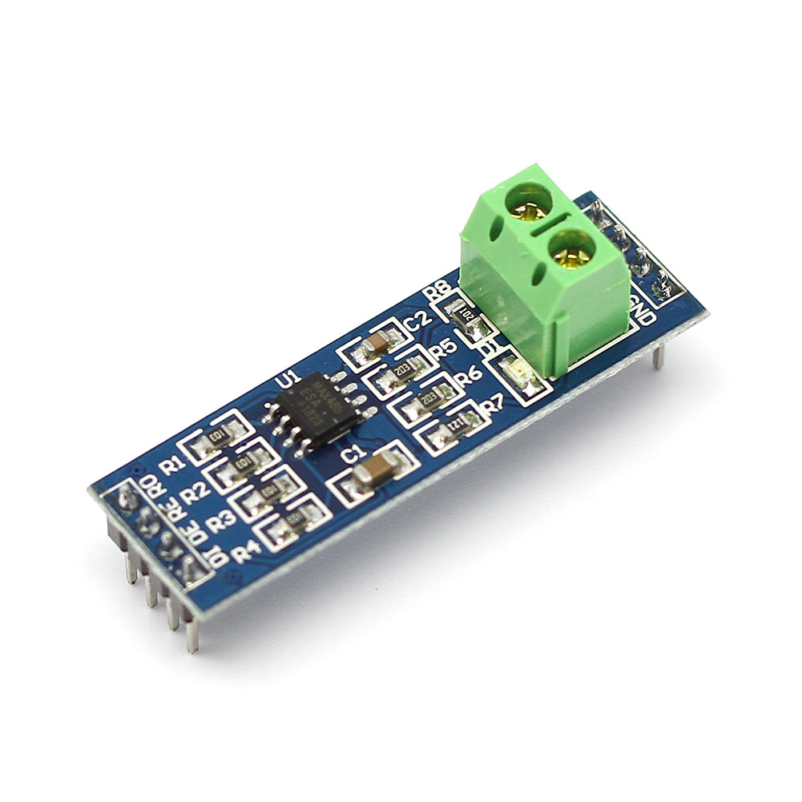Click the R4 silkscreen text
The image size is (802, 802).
click(x=245, y=551)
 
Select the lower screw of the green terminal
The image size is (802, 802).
click(x=571, y=245)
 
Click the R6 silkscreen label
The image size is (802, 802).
click(x=467, y=375)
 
